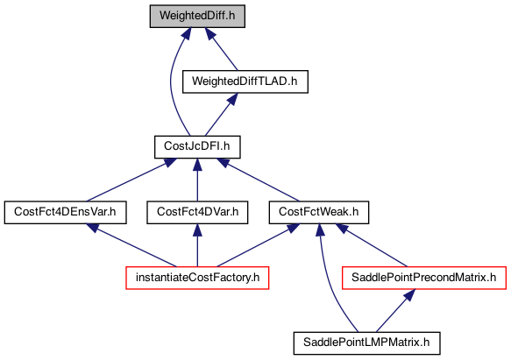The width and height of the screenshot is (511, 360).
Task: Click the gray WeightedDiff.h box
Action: pyautogui.click(x=197, y=16)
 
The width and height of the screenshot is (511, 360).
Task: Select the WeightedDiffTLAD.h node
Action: pyautogui.click(x=245, y=81)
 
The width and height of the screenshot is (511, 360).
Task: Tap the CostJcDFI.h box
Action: pyautogui.click(x=197, y=147)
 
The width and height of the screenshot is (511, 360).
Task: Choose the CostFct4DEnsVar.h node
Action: pyautogui.click(x=65, y=213)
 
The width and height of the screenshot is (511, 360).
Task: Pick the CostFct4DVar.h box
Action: pyautogui.click(x=197, y=213)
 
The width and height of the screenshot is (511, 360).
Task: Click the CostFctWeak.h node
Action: pyautogui.click(x=319, y=213)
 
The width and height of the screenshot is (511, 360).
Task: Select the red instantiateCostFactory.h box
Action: pyautogui.click(x=197, y=278)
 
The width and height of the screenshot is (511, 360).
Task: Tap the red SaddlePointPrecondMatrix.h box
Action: pyautogui.click(x=424, y=278)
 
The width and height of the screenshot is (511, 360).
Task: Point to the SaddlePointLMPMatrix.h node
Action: pyautogui.click(x=366, y=343)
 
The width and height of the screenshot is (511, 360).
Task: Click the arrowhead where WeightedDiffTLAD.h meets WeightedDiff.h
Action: pyautogui.click(x=210, y=33)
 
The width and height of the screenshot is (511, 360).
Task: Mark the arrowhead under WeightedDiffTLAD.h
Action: pyautogui.click(x=232, y=99)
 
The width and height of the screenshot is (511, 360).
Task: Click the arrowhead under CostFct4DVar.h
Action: pyautogui.click(x=197, y=230)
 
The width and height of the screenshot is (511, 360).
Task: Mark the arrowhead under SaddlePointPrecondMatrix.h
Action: pyautogui.click(x=409, y=295)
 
